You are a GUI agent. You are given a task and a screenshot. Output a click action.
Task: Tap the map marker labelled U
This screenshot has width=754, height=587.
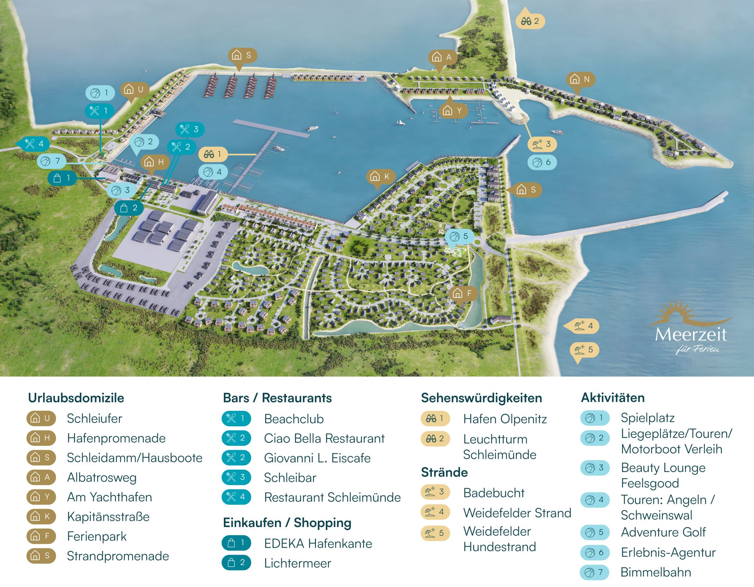[x=134, y=89]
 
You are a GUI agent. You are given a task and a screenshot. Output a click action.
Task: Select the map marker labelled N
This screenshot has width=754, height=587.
[x=580, y=79]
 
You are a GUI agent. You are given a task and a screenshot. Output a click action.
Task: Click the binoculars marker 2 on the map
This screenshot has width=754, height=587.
[x=530, y=21]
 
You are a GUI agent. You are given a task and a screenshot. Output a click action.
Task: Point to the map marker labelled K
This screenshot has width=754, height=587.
[x=380, y=177]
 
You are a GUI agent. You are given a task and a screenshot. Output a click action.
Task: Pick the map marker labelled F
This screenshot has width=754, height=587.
[x=463, y=293]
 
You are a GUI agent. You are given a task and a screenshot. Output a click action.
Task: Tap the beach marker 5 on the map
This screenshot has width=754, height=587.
[x=584, y=349]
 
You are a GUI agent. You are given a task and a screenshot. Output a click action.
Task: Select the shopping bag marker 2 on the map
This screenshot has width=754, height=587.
[x=129, y=208]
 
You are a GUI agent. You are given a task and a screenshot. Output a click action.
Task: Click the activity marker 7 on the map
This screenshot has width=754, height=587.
[x=51, y=161]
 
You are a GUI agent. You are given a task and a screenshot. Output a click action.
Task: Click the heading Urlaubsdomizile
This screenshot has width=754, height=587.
[x=76, y=398]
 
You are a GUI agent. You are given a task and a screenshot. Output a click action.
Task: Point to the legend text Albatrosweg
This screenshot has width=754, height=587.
[x=102, y=477]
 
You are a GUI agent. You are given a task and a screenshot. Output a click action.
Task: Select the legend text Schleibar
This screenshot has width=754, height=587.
[x=290, y=478]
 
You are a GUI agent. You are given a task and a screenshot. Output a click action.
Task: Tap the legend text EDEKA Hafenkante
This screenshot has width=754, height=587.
[x=318, y=544]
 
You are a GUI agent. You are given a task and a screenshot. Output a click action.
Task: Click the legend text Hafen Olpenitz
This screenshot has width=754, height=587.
[x=505, y=419]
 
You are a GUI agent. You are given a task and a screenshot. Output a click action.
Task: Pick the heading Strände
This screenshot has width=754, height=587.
[x=444, y=472]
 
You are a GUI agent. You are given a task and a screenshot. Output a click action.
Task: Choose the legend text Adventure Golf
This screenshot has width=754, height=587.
[x=663, y=532]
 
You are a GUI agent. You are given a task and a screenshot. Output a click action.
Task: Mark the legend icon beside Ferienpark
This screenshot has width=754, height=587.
[x=41, y=536]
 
